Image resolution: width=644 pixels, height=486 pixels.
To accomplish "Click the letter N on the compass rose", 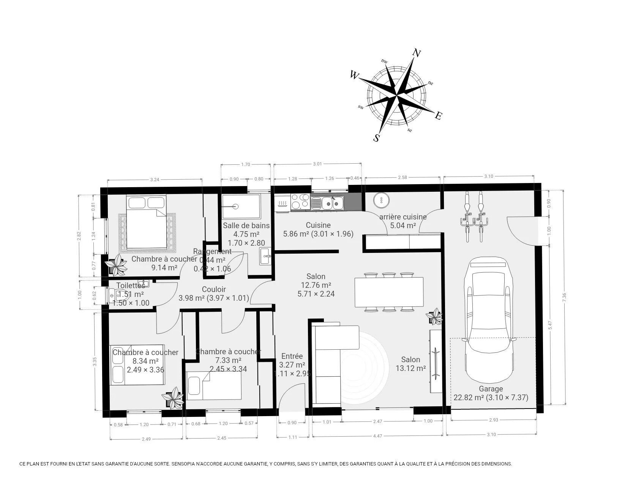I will click(x=417, y=54).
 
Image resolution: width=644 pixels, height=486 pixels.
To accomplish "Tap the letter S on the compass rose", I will click(x=376, y=138).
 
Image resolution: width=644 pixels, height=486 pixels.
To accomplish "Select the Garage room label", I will click(x=491, y=389).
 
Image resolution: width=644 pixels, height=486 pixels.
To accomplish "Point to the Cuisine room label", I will click(x=318, y=225).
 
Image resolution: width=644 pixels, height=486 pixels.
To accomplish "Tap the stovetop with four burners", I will click(x=300, y=202).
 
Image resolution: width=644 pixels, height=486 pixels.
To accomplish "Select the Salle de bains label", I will click(x=246, y=226).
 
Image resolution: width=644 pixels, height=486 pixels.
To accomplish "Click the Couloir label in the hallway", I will click(x=214, y=289).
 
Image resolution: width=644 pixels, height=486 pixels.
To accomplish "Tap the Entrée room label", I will click(x=292, y=356).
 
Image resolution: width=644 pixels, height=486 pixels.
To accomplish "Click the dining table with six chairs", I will click(x=389, y=292).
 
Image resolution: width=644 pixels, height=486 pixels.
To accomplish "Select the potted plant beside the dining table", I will click(x=434, y=317).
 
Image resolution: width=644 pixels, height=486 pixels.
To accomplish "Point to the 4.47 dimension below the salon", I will click(x=377, y=437).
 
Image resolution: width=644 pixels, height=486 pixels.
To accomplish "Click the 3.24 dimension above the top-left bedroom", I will click(x=154, y=180).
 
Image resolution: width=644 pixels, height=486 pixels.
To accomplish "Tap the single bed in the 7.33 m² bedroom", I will click(x=214, y=385).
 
